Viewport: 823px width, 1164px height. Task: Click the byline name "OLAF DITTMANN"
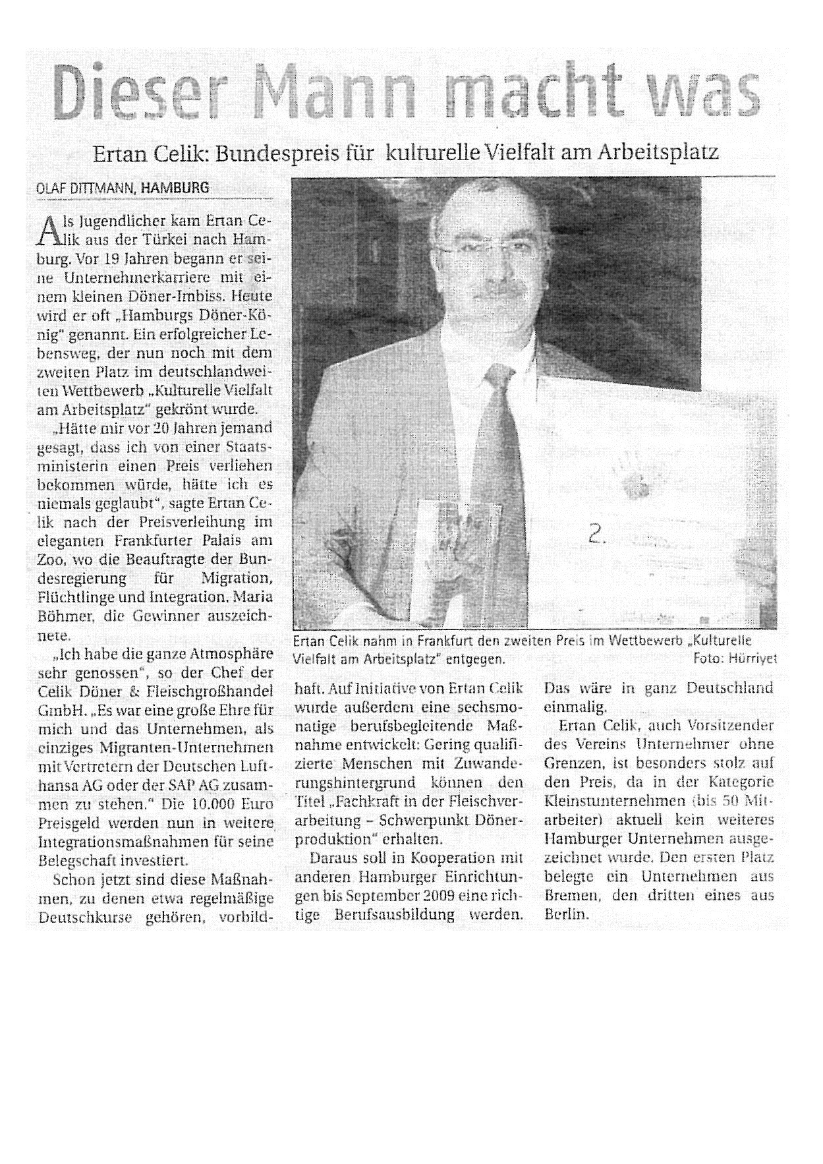tap(85, 188)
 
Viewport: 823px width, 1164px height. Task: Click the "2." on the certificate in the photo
tap(598, 536)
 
